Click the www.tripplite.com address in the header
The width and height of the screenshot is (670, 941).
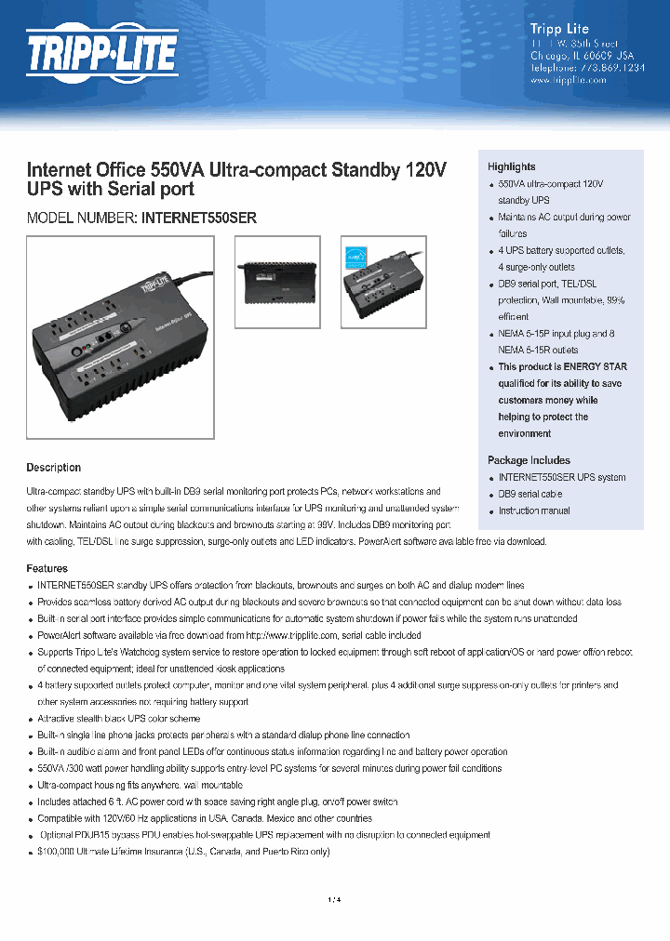[568, 81]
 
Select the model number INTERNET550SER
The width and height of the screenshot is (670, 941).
[198, 219]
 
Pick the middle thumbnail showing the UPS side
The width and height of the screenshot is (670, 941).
[276, 282]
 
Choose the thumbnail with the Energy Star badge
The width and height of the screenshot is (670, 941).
[382, 282]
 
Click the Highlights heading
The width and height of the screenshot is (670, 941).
[512, 166]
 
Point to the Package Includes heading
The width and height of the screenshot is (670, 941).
[529, 460]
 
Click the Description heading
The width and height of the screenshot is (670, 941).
[53, 468]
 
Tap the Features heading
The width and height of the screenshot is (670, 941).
[47, 568]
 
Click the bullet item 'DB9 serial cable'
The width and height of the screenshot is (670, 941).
[530, 495]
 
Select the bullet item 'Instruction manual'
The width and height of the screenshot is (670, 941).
[534, 511]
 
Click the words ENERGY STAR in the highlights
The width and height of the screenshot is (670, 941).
[596, 367]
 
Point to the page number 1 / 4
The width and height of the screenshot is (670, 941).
[335, 899]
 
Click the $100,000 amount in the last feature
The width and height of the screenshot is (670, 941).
[58, 852]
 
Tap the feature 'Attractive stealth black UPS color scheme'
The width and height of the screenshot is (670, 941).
[118, 719]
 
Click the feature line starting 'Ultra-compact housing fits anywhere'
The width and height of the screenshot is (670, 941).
[140, 786]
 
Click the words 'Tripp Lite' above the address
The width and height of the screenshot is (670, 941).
[558, 29]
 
